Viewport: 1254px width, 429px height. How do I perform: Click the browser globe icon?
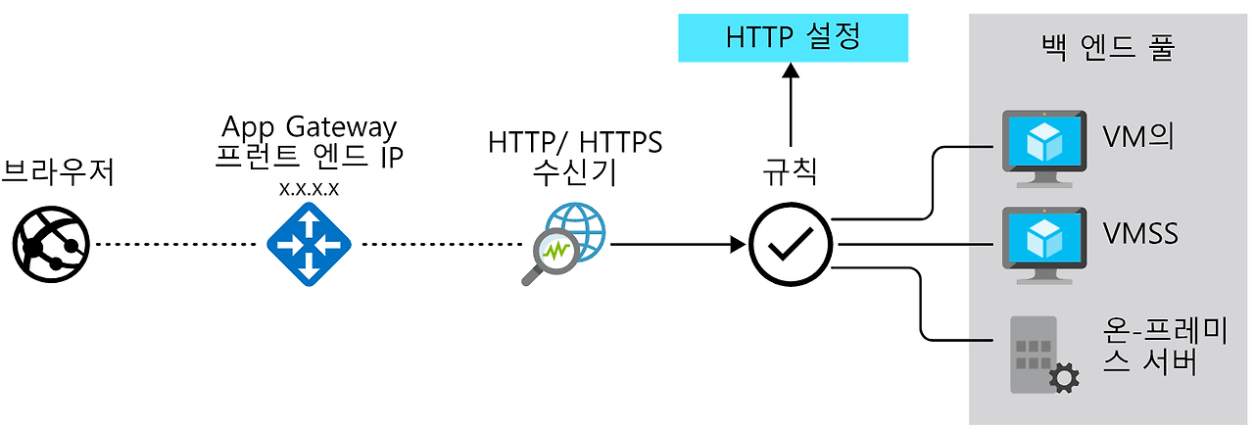point(51,244)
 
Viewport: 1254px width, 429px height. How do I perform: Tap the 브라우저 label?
point(59,173)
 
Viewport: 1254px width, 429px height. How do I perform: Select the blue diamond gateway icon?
point(309,245)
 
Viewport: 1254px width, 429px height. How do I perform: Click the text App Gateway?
point(309,127)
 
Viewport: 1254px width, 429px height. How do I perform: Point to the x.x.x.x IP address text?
point(309,189)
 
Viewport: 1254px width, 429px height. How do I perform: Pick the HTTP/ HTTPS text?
point(575,143)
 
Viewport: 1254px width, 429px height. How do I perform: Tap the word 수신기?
point(575,174)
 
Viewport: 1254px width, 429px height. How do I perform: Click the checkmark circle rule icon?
point(791,246)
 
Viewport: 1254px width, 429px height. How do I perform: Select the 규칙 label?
point(790,172)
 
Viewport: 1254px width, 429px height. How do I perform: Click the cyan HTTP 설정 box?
point(793,37)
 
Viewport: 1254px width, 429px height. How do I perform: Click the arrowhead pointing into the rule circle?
point(737,246)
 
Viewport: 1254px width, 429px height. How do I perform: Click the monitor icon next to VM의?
point(1043,144)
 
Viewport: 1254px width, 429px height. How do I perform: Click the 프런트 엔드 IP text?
point(309,158)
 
